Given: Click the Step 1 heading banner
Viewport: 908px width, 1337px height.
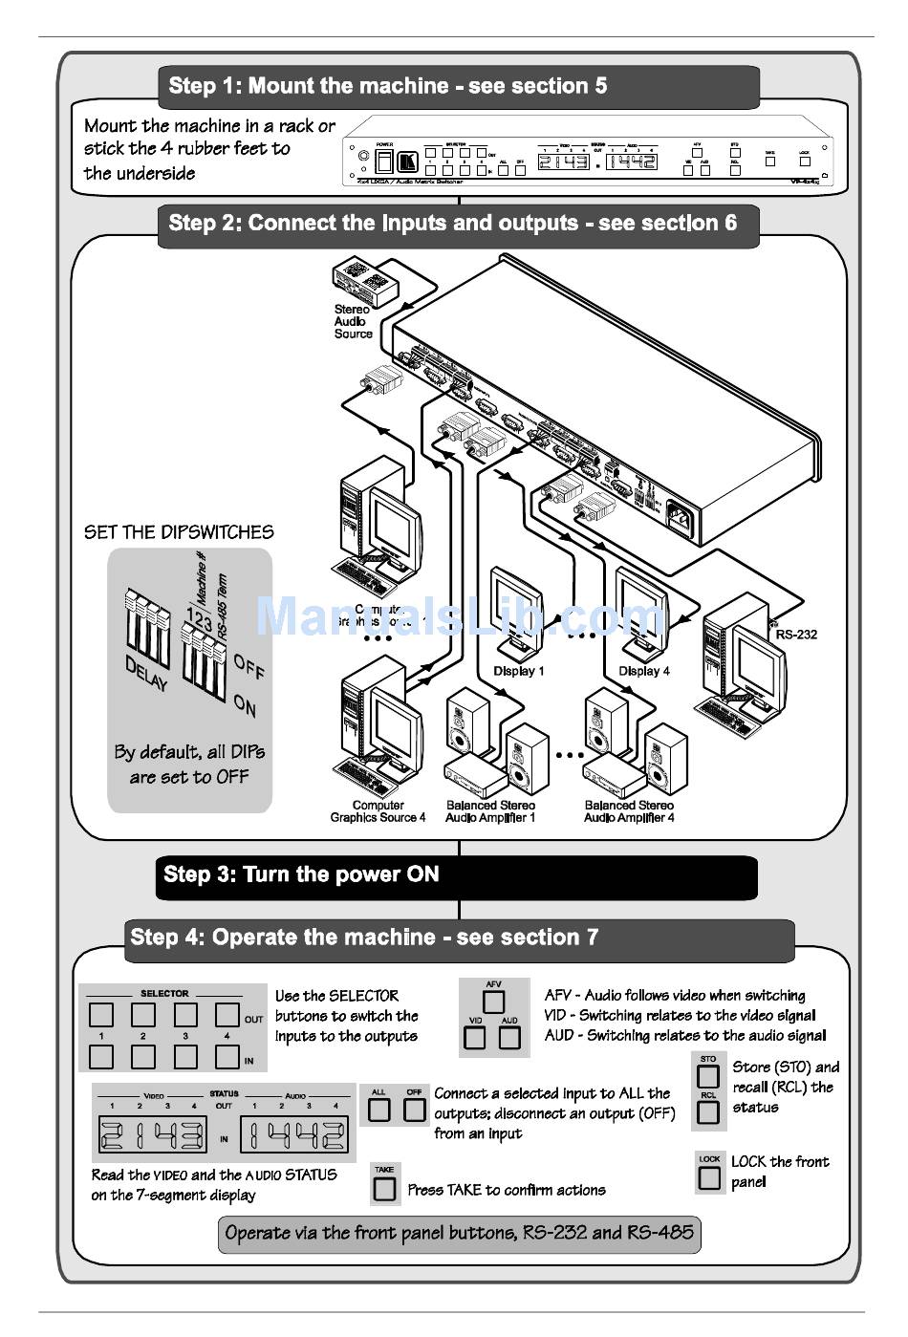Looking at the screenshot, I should (x=459, y=86).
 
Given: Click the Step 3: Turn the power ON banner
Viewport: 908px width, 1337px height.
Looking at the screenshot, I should (x=456, y=875).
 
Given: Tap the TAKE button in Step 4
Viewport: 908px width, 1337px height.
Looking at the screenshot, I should (x=384, y=1188).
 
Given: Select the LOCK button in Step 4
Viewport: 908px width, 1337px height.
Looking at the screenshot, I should (x=709, y=1177).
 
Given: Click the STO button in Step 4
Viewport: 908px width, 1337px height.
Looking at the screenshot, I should (x=708, y=1076).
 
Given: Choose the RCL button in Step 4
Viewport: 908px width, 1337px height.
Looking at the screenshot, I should (x=708, y=1112).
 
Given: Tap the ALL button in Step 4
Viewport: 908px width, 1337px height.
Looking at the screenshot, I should (x=379, y=1110).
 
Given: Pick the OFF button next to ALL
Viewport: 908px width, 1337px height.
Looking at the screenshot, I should (x=414, y=1110).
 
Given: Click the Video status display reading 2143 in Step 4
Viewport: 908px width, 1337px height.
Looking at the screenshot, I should (x=153, y=1135).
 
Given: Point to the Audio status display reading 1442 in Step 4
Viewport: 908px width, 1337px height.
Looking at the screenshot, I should (x=293, y=1135).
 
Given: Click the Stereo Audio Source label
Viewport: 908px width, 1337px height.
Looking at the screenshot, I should (x=353, y=322).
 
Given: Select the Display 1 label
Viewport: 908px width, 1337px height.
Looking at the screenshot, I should (x=518, y=671).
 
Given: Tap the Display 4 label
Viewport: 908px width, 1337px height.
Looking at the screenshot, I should (x=644, y=671).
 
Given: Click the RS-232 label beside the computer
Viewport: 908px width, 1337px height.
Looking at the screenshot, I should (x=796, y=634).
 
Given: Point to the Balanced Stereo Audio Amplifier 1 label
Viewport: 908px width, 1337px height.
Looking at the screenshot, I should (x=490, y=811).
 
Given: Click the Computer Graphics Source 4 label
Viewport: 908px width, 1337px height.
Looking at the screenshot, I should (x=378, y=811).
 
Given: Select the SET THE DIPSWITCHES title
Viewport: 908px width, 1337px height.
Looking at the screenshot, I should (x=179, y=532).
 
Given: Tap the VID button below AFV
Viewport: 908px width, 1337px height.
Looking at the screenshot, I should (x=475, y=1037).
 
